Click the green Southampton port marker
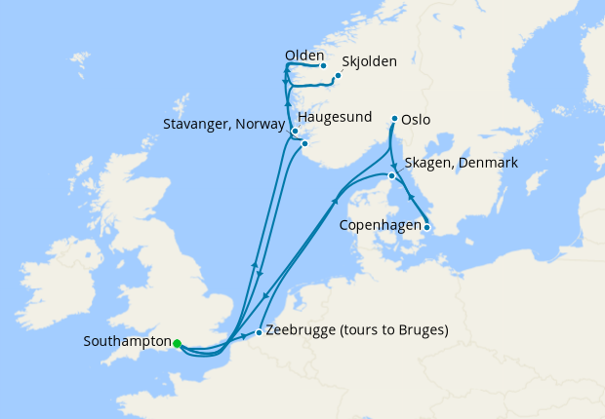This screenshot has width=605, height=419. pyautogui.click(x=178, y=343)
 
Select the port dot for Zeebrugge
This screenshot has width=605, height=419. pyautogui.click(x=258, y=333)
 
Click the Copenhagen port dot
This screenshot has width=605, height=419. pyautogui.click(x=426, y=228)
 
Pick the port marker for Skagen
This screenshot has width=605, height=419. pyautogui.click(x=391, y=176)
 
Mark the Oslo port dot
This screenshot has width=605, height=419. pyautogui.click(x=394, y=120)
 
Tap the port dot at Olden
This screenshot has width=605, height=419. pyautogui.click(x=323, y=66)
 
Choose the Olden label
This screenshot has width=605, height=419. pyautogui.click(x=303, y=56)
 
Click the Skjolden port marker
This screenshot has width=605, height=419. pyautogui.click(x=339, y=75)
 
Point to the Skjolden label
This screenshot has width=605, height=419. pyautogui.click(x=370, y=61)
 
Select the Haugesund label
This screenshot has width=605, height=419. pyautogui.click(x=335, y=118)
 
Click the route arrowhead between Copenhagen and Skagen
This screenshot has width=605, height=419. pyautogui.click(x=409, y=198)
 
